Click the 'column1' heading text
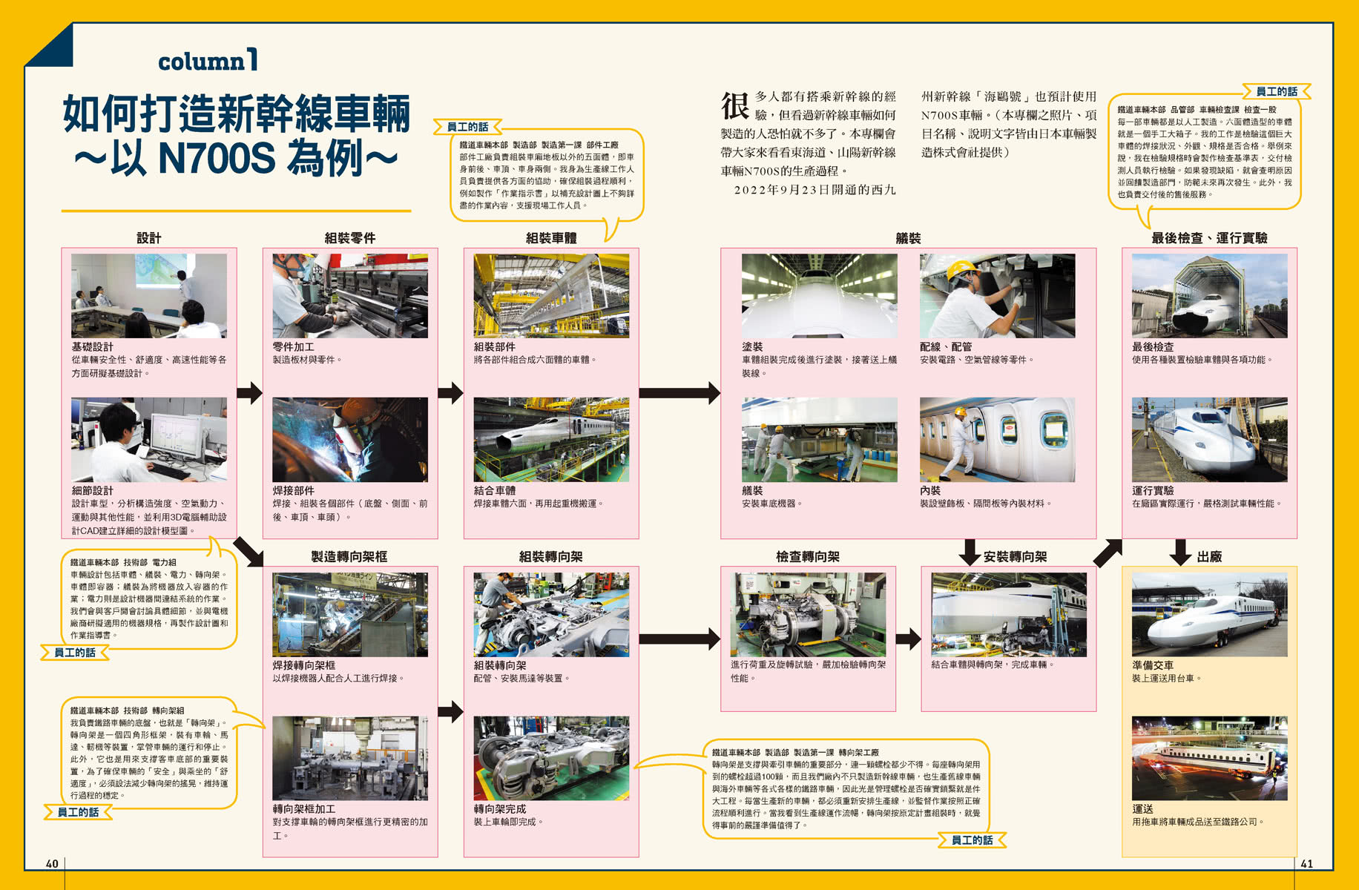pyautogui.click(x=208, y=61)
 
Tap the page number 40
pyautogui.click(x=52, y=863)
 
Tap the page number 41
pyautogui.click(x=1306, y=863)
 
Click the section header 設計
pyautogui.click(x=148, y=238)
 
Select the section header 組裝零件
pyautogui.click(x=349, y=238)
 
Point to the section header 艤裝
pyautogui.click(x=907, y=238)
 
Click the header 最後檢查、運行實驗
pyautogui.click(x=1208, y=238)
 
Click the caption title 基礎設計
pyautogui.click(x=92, y=346)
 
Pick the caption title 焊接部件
pyautogui.click(x=293, y=490)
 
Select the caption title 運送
pyautogui.click(x=1142, y=808)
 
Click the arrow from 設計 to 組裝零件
pyautogui.click(x=249, y=392)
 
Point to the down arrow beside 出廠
pyautogui.click(x=1179, y=553)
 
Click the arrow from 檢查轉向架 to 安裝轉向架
pyautogui.click(x=908, y=638)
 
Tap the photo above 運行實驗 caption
pyautogui.click(x=1208, y=439)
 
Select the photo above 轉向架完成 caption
pyautogui.click(x=550, y=757)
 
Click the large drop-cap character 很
pyautogui.click(x=735, y=105)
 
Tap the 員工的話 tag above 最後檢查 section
pyautogui.click(x=1276, y=91)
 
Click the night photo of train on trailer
pyautogui.click(x=1208, y=757)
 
